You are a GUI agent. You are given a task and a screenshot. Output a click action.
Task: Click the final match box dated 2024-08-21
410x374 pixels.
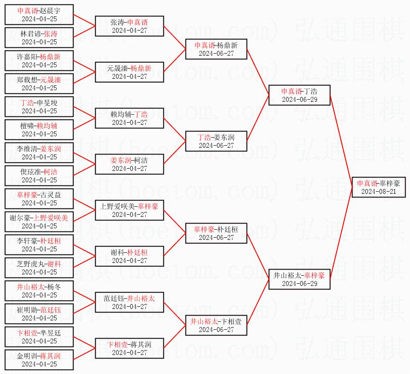pos(379,187)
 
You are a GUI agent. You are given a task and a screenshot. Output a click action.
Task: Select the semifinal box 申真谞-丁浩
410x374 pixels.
pos(299,95)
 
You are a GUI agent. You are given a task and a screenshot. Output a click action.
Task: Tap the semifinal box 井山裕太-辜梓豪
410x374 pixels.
pos(299,279)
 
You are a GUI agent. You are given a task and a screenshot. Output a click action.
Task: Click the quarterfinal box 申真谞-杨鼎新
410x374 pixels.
pos(216,49)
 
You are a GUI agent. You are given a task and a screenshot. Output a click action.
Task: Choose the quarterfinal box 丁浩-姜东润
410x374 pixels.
pos(216,141)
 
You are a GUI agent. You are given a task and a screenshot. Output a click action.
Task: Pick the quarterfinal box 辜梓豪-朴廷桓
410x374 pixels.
pos(216,233)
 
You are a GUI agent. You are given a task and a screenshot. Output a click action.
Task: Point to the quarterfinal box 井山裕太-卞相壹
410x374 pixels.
pos(216,325)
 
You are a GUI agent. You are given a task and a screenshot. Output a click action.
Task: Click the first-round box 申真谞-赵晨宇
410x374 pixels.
pos(39,15)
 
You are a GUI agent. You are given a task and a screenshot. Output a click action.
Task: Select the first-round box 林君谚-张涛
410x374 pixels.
pos(39,38)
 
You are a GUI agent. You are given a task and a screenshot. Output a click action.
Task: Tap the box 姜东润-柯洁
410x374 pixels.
pos(129,164)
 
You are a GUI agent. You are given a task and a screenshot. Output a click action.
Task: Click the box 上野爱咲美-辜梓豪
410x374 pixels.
pos(129,210)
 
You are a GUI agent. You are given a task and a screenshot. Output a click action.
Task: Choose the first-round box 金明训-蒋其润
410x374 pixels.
pos(39,360)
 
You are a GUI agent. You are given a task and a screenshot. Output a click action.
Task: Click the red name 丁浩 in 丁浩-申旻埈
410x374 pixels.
pos(27,103)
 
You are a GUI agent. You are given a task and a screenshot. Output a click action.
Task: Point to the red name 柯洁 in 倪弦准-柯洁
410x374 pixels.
pos(50,172)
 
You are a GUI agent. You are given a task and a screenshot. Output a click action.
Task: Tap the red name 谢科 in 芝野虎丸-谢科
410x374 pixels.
pos(54,264)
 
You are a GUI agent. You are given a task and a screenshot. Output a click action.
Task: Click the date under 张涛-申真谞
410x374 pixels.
pos(129,31)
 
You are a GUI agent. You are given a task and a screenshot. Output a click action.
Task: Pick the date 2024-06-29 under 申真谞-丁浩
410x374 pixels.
pos(299,100)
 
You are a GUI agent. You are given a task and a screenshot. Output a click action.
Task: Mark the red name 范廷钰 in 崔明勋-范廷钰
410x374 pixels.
pos(50,310)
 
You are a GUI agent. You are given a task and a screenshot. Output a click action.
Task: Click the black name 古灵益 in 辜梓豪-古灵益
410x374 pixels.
pos(50,195)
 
